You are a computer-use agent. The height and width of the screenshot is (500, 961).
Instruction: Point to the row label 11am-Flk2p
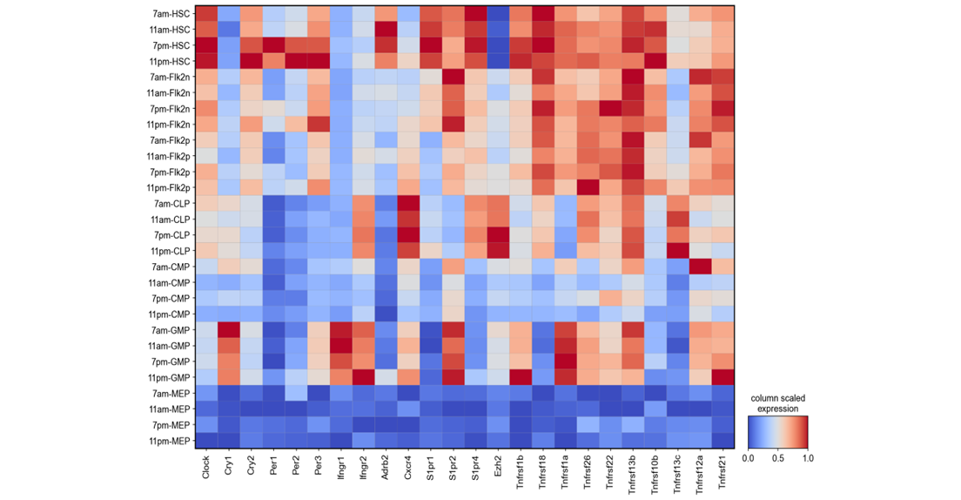click(168, 156)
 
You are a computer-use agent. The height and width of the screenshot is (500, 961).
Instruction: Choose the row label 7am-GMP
click(171, 330)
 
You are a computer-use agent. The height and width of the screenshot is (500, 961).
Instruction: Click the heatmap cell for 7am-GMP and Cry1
click(229, 330)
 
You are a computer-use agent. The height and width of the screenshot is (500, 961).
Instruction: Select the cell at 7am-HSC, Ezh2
click(499, 14)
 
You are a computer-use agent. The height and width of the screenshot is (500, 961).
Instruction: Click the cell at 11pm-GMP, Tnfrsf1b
click(521, 377)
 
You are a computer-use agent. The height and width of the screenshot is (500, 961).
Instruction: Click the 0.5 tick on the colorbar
click(777, 456)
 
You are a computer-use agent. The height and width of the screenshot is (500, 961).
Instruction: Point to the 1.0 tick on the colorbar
click(807, 456)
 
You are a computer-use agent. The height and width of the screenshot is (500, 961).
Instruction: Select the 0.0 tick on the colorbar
click(749, 456)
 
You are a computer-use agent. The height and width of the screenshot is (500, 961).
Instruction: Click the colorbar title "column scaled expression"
click(777, 402)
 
